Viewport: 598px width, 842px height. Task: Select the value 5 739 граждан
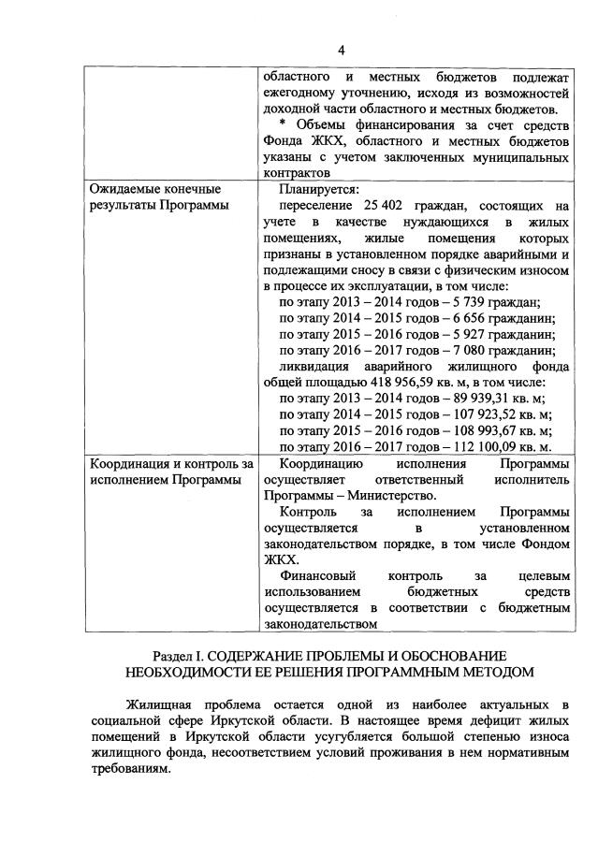492,301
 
